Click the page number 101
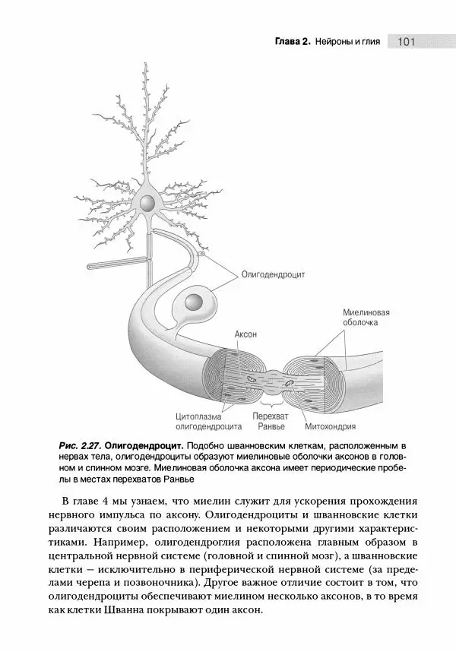(404, 41)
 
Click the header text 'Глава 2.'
(292, 41)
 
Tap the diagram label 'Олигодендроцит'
(273, 275)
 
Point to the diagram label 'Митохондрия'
(331, 426)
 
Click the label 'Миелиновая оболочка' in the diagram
(366, 317)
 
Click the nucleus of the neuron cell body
(146, 203)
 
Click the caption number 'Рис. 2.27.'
(79, 444)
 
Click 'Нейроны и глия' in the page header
(347, 41)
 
